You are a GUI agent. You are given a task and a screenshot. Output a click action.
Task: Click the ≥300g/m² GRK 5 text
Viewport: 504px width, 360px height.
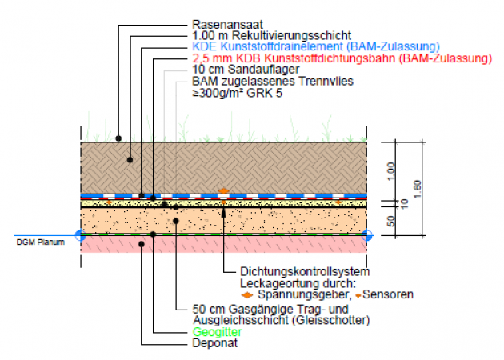238,93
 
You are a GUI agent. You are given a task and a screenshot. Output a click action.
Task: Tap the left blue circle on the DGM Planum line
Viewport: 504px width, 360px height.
79,234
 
